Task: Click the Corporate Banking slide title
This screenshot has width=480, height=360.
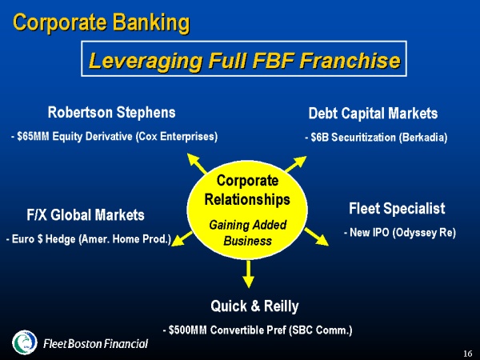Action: click(102, 23)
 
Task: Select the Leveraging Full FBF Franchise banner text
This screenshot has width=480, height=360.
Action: click(244, 60)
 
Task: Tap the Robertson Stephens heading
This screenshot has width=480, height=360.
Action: click(111, 112)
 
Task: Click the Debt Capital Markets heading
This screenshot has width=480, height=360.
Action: click(373, 114)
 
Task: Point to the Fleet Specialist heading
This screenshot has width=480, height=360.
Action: click(397, 209)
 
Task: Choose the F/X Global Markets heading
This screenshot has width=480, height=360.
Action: click(86, 215)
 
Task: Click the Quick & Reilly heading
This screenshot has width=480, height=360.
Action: click(254, 306)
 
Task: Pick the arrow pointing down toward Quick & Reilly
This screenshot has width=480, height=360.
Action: click(248, 274)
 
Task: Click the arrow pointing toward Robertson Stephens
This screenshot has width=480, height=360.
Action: click(197, 164)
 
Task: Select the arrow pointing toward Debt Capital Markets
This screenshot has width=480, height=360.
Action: click(295, 164)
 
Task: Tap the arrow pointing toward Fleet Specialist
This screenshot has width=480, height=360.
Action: click(317, 237)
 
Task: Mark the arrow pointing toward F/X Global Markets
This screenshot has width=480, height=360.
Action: click(182, 238)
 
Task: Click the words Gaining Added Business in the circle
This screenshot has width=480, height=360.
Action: click(248, 233)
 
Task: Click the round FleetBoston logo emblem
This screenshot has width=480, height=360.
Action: click(25, 342)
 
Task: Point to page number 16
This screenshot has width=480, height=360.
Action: click(467, 354)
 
